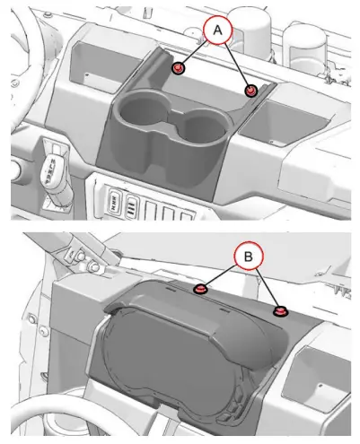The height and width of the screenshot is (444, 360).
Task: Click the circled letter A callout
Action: (217, 30)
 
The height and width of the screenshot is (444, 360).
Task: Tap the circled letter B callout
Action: (249, 257)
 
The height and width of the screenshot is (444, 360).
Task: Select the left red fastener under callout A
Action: (179, 68)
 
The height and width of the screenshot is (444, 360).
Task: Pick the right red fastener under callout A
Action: (250, 91)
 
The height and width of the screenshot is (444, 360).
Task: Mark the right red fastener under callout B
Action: (280, 311)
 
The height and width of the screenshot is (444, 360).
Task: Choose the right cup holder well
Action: (203, 127)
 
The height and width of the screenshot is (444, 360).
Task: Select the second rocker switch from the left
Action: (132, 205)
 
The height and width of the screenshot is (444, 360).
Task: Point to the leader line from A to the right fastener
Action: (238, 65)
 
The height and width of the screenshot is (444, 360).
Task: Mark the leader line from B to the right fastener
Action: (268, 289)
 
